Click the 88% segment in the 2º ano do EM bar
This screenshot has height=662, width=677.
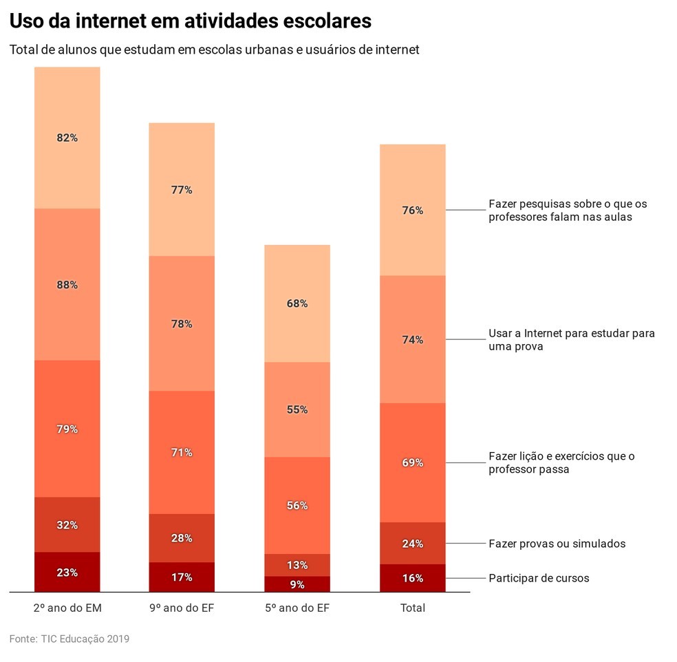point(67,284)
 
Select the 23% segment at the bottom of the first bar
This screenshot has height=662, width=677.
point(67,572)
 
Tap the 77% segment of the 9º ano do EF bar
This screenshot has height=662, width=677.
point(182,190)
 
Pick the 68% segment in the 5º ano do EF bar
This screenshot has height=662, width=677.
point(297,303)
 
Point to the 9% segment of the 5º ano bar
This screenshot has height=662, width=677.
point(297,584)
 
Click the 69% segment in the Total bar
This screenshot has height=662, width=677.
point(412,462)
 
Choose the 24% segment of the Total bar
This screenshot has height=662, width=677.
point(412,543)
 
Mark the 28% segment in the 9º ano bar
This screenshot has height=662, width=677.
point(182,538)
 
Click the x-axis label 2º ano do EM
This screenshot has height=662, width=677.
point(67,608)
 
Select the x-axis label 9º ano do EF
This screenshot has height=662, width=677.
point(182,608)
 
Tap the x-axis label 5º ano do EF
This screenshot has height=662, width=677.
point(297,608)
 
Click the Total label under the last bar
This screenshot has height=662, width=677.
point(413,608)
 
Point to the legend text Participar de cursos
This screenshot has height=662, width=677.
point(539,578)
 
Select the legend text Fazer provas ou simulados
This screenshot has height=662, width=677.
point(557,544)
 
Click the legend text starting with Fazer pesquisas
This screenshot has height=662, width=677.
point(568,211)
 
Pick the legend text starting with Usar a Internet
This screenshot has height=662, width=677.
point(571,340)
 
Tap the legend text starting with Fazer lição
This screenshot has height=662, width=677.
point(561,462)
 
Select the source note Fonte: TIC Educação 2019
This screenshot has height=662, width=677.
point(69,639)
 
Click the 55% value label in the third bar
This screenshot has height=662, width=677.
point(297,409)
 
